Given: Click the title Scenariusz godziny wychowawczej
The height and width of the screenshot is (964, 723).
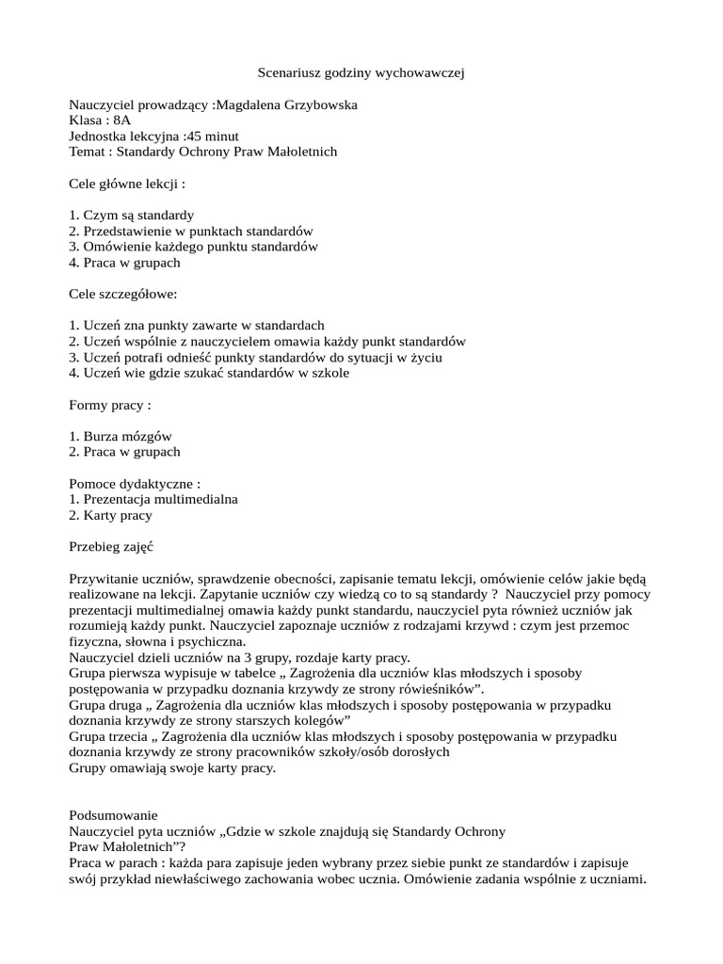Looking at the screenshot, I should pyautogui.click(x=361, y=72).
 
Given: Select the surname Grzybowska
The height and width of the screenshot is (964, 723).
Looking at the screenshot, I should pyautogui.click(x=313, y=104).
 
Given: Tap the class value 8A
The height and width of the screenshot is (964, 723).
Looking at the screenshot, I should pyautogui.click(x=121, y=120).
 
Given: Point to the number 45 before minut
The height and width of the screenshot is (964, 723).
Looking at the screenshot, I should pyautogui.click(x=192, y=137).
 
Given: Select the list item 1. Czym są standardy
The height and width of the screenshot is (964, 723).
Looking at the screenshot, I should pyautogui.click(x=132, y=216).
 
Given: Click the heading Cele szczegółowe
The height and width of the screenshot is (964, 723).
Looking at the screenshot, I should pyautogui.click(x=123, y=294).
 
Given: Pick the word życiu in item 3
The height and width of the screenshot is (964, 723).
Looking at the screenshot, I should pyautogui.click(x=426, y=358).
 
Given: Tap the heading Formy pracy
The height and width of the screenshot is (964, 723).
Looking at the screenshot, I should pyautogui.click(x=110, y=405).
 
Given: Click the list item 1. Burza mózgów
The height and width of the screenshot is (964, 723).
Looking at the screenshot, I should pyautogui.click(x=120, y=437).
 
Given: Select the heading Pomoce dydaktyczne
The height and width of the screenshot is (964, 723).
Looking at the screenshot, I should pyautogui.click(x=135, y=484).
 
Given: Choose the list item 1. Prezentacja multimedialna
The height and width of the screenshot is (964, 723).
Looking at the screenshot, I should pyautogui.click(x=153, y=499).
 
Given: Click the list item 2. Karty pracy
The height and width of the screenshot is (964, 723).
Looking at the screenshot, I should pyautogui.click(x=110, y=515).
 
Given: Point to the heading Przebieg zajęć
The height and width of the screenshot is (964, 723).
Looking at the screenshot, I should pyautogui.click(x=111, y=547).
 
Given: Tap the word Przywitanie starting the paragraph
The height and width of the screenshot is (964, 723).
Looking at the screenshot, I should pyautogui.click(x=104, y=579).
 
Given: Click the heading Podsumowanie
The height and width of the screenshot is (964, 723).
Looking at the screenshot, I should pyautogui.click(x=114, y=815).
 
